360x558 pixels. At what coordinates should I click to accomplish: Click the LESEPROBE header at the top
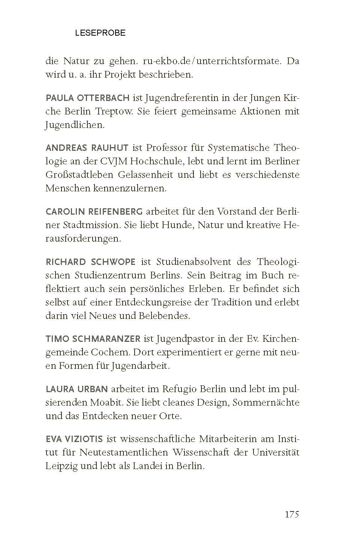coord(100,33)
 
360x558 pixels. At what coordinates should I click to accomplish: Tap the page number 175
coord(292,514)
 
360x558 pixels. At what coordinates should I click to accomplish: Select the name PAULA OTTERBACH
coord(87,98)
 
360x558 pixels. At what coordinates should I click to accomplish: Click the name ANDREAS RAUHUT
coord(87,148)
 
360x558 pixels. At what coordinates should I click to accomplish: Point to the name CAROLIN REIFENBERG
coord(94,212)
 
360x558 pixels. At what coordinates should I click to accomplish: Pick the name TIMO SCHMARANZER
coord(93,339)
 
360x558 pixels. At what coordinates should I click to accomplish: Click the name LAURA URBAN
coord(76,389)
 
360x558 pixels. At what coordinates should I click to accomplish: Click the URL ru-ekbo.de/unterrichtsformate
coord(212,61)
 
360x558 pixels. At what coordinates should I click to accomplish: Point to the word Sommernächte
coord(266,403)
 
